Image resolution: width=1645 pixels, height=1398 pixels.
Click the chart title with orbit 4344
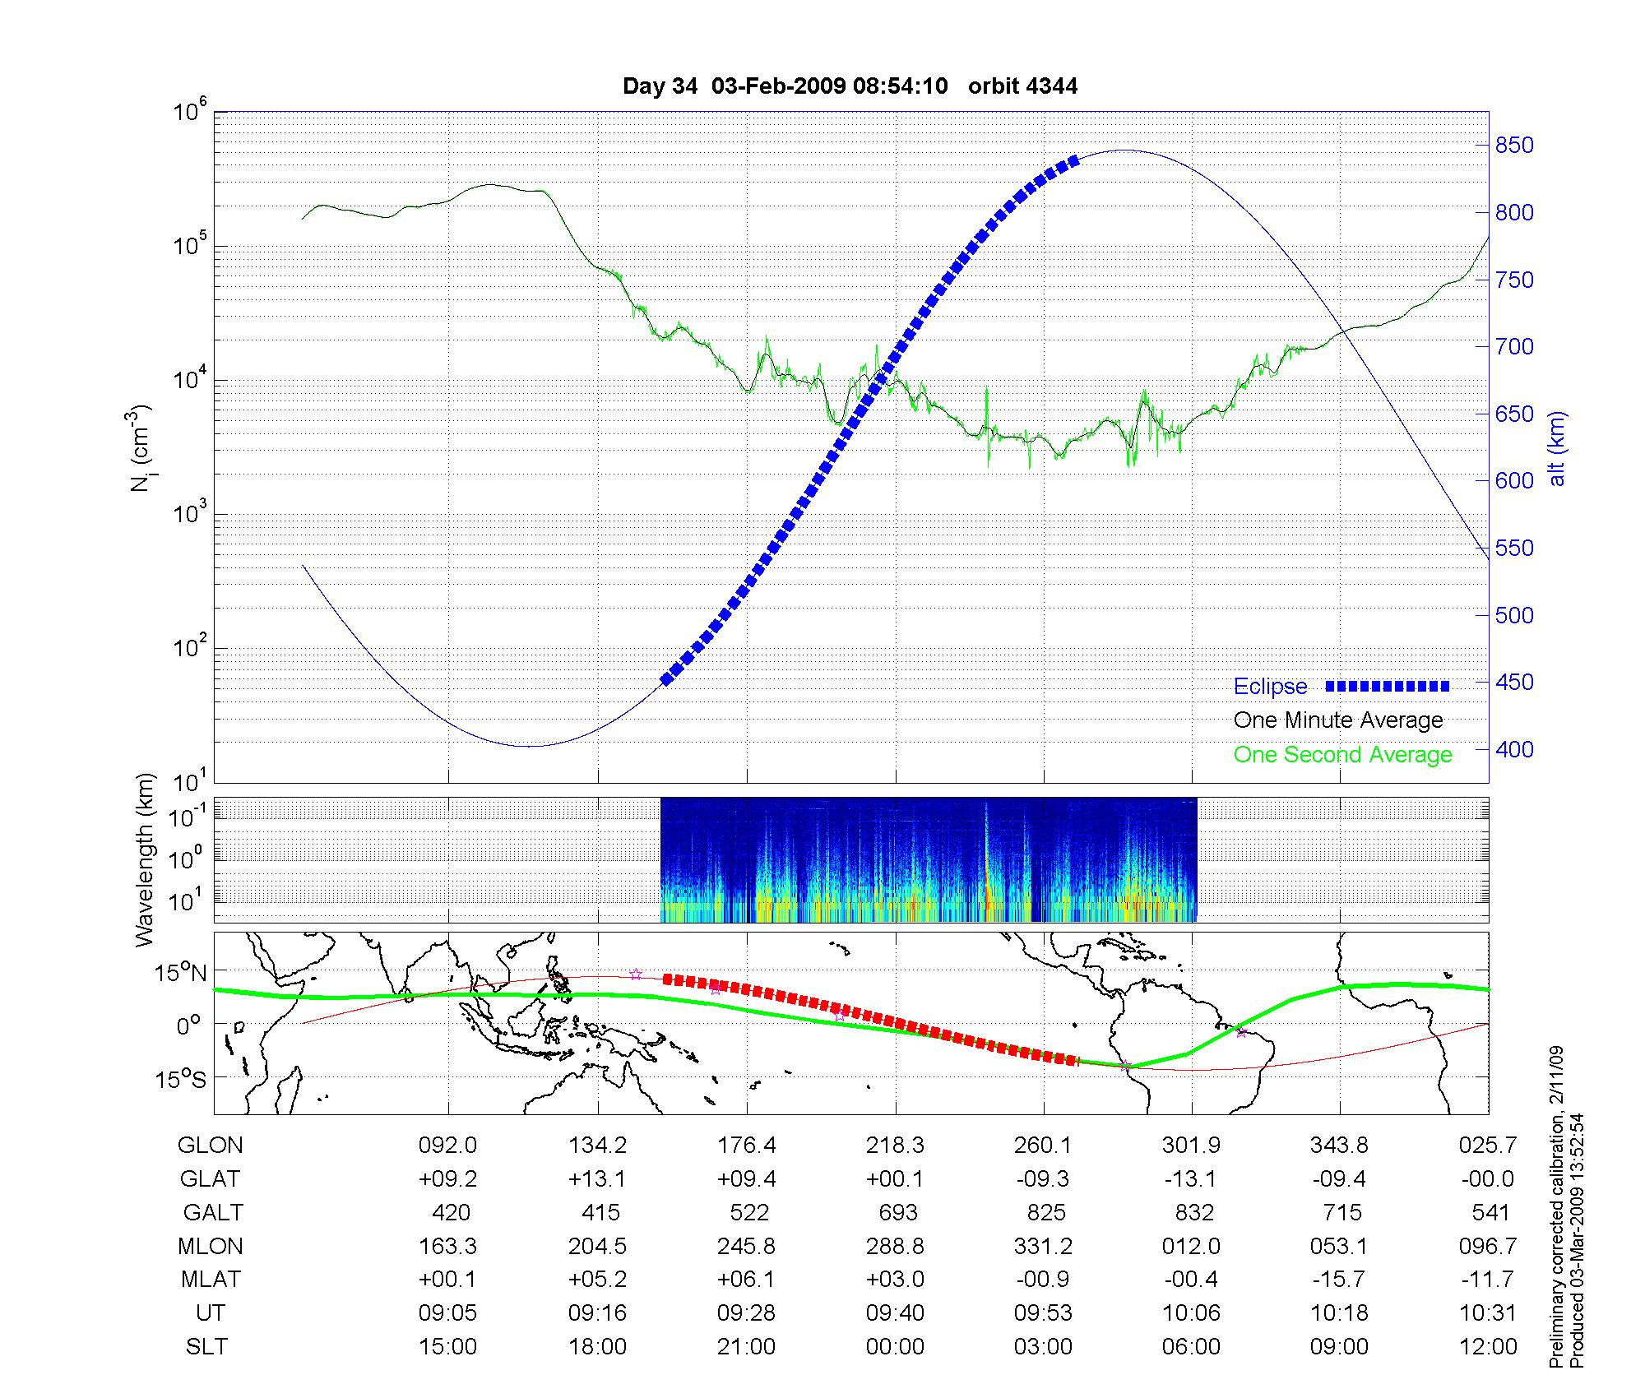coord(850,86)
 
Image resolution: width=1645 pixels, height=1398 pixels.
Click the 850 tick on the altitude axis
coord(1514,146)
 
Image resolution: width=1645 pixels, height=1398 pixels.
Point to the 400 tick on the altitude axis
coord(1514,749)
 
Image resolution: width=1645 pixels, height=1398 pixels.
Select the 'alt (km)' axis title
coord(1556,449)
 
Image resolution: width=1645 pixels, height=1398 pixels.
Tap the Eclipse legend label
coord(1270,687)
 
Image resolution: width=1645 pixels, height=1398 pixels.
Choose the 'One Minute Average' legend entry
coord(1338,720)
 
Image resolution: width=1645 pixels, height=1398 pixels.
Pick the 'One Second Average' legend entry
coord(1342,754)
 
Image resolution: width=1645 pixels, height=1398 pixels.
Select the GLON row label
coord(211,1145)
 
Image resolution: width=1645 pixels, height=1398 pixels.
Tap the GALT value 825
coord(1045,1212)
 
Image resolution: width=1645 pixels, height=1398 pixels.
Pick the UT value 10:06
coord(1191,1312)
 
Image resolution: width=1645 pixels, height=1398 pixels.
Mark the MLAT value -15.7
coord(1340,1280)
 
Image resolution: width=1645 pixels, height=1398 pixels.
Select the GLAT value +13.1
coord(597,1178)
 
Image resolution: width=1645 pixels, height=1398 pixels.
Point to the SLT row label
coord(206,1346)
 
